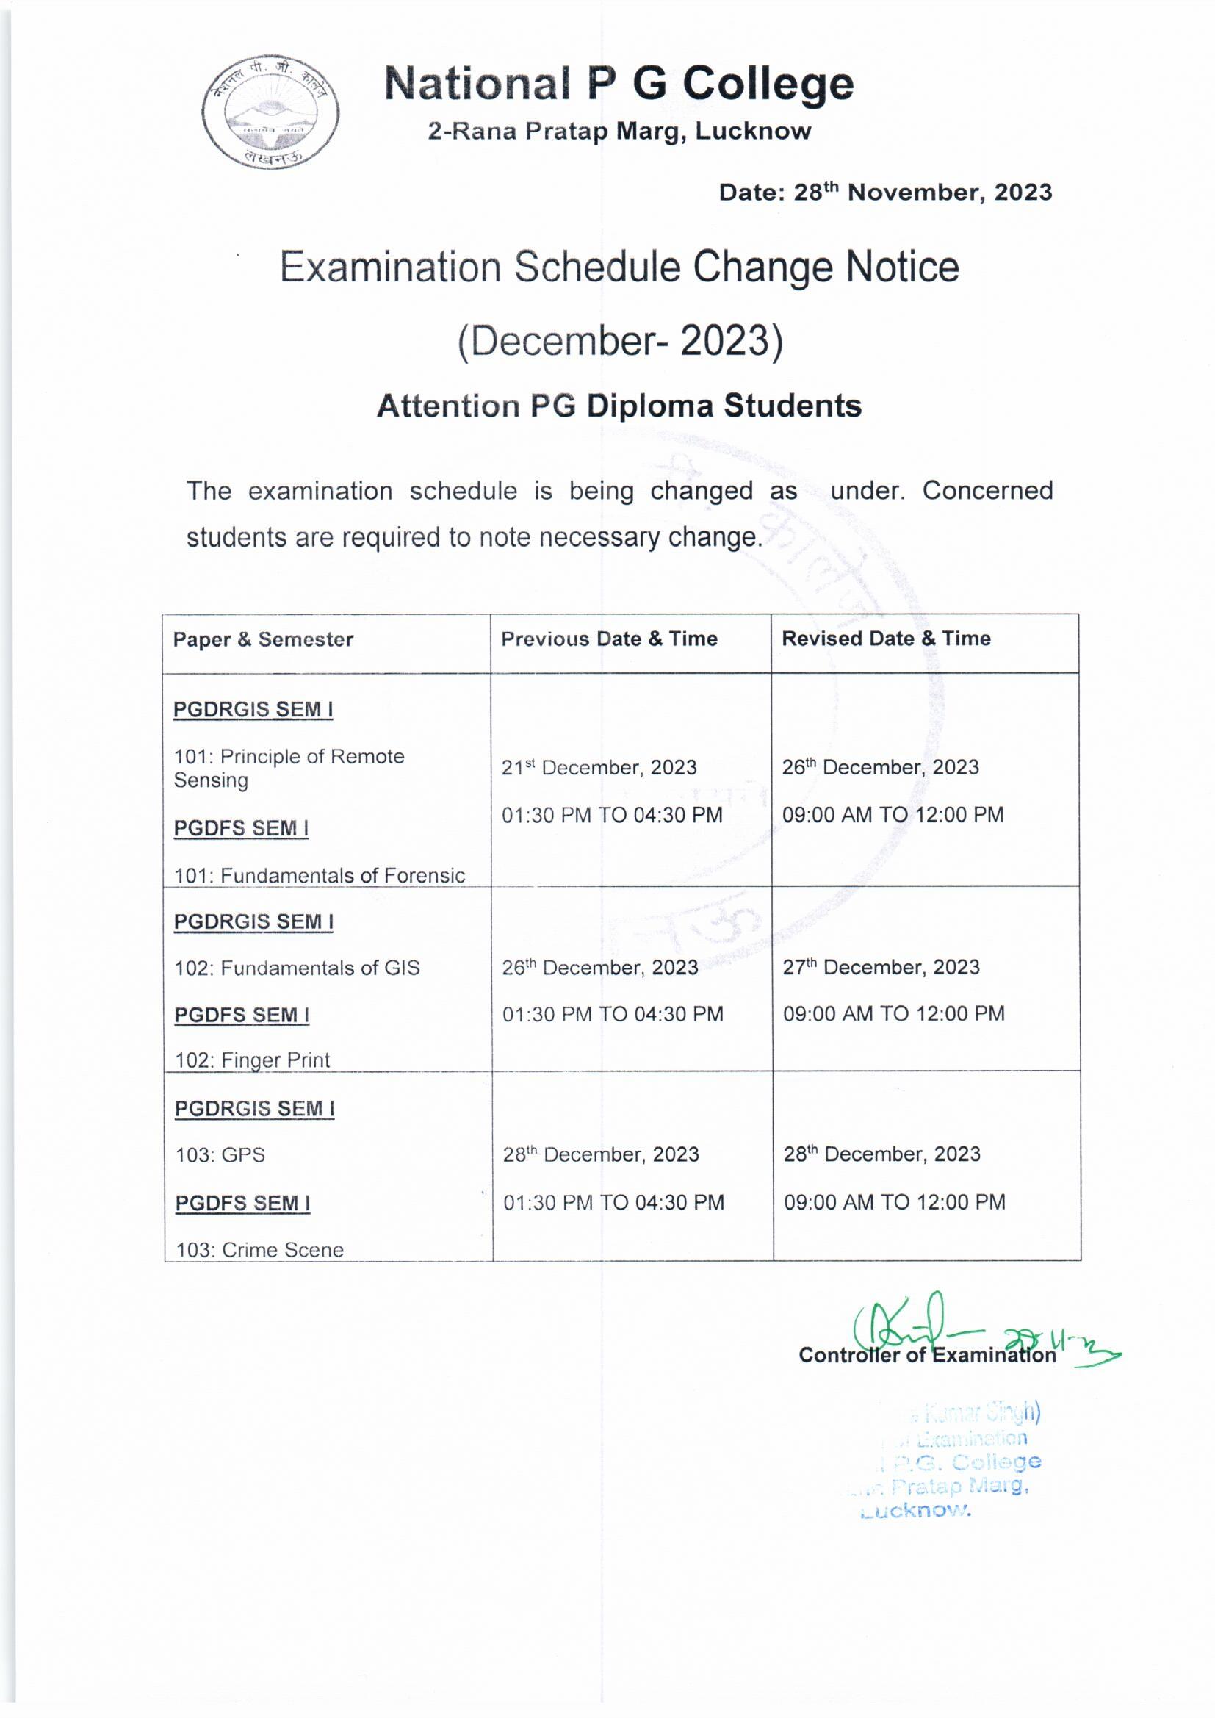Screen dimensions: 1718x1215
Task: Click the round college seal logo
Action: click(x=270, y=112)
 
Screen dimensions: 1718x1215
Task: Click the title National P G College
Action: click(x=619, y=83)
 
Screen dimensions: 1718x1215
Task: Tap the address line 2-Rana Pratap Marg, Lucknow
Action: click(x=619, y=132)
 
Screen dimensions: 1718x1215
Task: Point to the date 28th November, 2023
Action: click(x=885, y=193)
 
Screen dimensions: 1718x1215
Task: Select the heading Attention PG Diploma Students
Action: click(x=619, y=406)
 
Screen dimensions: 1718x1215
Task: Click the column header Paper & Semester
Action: click(x=262, y=639)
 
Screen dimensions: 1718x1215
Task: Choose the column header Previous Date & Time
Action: click(x=609, y=639)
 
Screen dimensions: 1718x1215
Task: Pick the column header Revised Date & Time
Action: click(x=886, y=639)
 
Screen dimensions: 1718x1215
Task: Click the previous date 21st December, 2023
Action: click(x=599, y=767)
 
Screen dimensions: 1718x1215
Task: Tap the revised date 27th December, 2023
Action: click(x=881, y=967)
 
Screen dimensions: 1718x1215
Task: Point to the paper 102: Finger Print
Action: click(x=252, y=1060)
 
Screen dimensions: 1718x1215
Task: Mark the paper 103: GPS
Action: click(x=220, y=1154)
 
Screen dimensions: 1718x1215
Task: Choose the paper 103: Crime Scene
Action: click(x=259, y=1250)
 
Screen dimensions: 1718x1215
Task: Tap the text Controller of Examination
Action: click(x=927, y=1355)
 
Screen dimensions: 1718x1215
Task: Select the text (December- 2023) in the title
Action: click(x=619, y=340)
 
